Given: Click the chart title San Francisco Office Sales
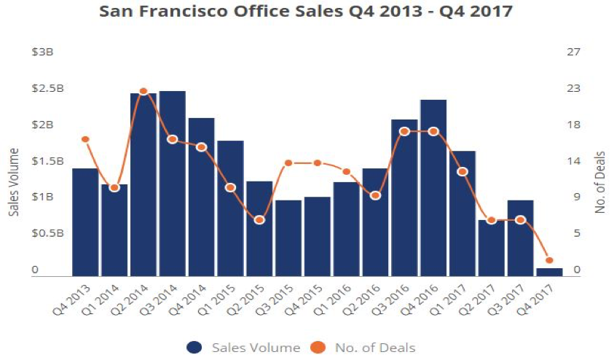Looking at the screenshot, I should coord(307,13).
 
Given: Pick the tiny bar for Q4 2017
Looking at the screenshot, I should coord(549,273).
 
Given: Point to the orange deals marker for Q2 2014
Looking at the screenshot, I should coord(143,92).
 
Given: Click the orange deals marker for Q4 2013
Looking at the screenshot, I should coord(85,139).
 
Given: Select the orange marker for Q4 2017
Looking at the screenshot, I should coord(549,260).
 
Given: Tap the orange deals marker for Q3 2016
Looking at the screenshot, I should coord(404,131).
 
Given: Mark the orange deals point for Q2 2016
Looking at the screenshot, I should coord(375,195).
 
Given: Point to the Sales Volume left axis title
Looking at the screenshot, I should coord(14,182).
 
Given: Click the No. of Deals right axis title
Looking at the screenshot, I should coord(601,183).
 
